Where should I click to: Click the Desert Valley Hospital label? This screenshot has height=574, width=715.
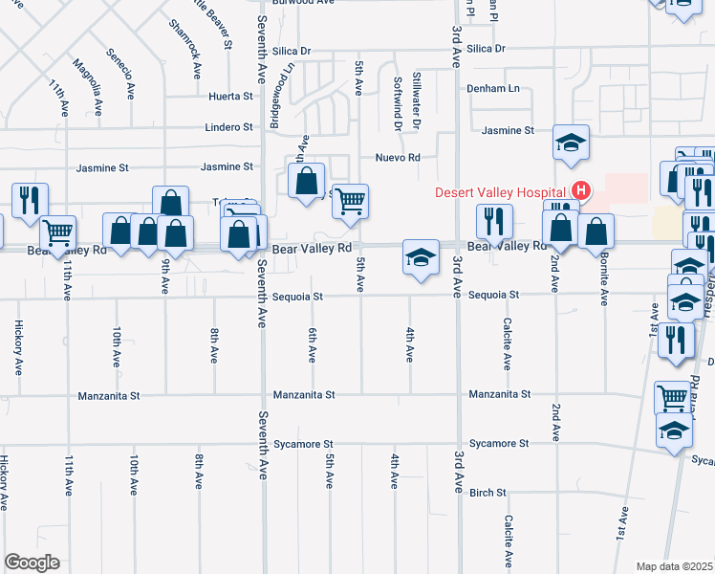click(500, 191)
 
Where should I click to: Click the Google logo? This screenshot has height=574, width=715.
click(32, 563)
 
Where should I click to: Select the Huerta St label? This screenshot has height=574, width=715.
click(232, 97)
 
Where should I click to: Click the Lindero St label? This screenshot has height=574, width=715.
click(229, 126)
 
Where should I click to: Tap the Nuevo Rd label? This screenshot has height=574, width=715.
click(398, 157)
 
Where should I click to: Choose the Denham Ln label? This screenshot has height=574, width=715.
click(499, 89)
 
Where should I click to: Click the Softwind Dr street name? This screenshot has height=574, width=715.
click(397, 104)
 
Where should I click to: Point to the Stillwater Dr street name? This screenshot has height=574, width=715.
click(416, 100)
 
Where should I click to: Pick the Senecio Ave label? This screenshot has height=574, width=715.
click(122, 74)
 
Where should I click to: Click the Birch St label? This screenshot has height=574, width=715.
click(487, 493)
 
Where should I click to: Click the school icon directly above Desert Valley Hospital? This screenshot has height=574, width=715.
click(571, 143)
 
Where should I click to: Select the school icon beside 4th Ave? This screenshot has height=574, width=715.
click(421, 257)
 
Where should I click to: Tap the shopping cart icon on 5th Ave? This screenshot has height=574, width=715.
click(351, 201)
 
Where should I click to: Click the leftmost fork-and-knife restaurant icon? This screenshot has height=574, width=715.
click(30, 200)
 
